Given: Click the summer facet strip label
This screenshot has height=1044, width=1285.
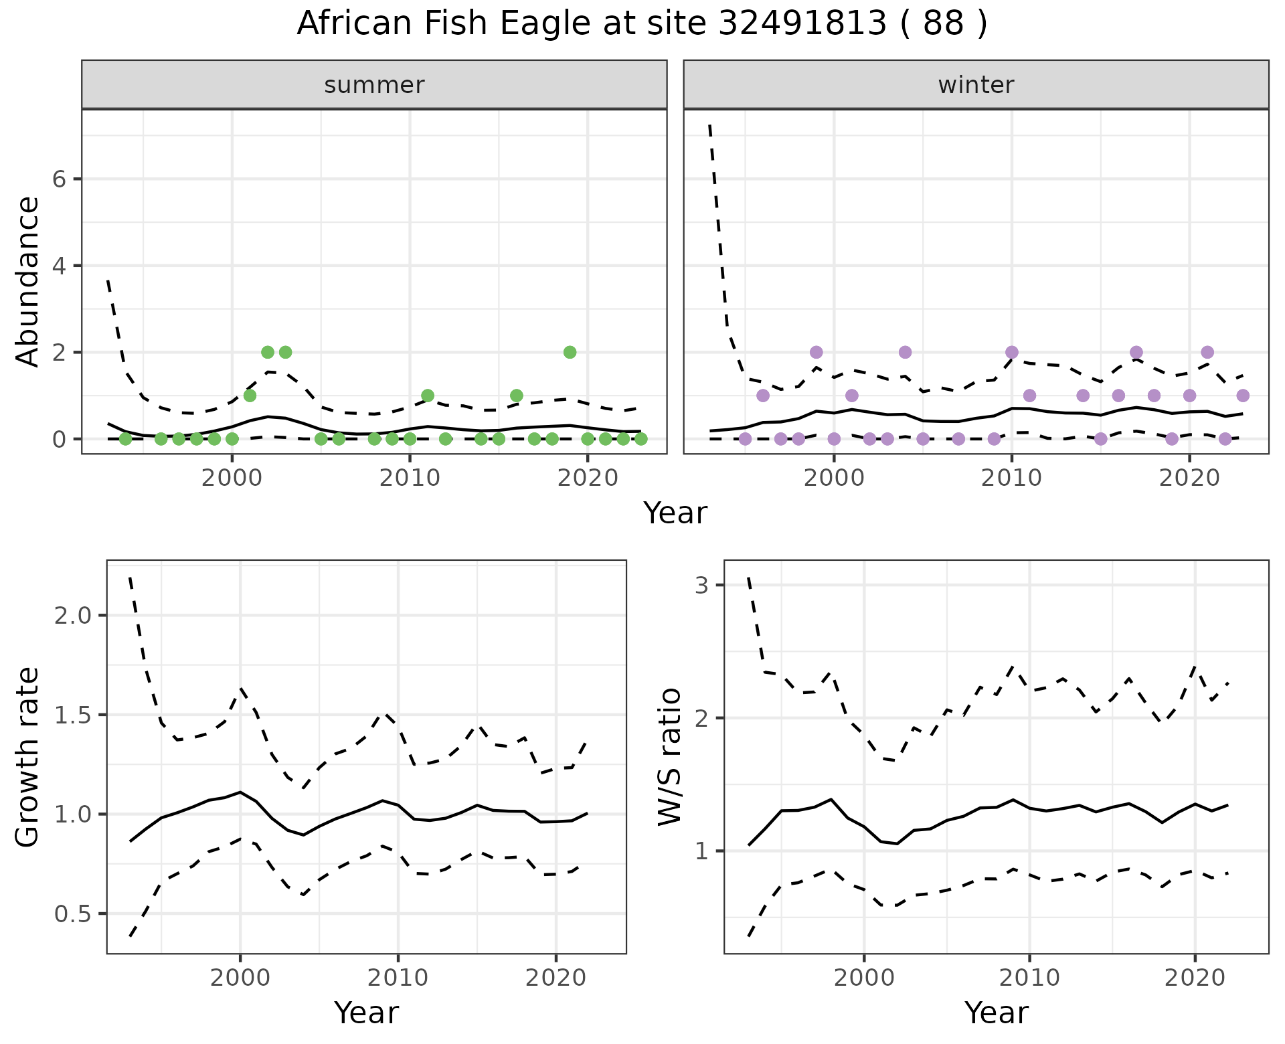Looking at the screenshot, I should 374,85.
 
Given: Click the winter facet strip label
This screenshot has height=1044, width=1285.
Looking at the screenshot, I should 976,85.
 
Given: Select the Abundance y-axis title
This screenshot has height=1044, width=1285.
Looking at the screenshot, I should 28,281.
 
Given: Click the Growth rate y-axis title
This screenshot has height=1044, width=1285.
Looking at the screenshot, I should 28,757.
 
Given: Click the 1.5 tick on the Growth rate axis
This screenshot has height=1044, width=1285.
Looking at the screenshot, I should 74,715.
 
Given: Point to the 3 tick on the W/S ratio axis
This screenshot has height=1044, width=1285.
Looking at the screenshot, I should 701,586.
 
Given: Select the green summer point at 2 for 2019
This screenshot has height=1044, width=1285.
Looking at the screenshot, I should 570,352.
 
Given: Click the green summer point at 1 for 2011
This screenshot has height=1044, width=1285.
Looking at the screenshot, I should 428,396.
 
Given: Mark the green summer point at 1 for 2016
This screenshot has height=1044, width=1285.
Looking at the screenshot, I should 516,396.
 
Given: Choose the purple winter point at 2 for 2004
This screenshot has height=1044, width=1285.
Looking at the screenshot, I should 905,352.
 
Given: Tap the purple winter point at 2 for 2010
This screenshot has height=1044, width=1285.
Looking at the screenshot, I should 1011,352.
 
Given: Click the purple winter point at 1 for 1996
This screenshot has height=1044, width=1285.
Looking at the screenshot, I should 763,396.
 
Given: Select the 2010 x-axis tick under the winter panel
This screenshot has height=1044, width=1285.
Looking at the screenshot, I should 1011,478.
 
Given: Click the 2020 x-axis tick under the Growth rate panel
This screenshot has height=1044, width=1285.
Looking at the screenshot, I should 556,978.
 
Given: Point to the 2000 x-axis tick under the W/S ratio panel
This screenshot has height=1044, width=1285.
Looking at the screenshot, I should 863,978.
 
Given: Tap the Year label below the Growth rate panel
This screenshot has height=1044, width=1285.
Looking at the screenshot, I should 366,1013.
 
